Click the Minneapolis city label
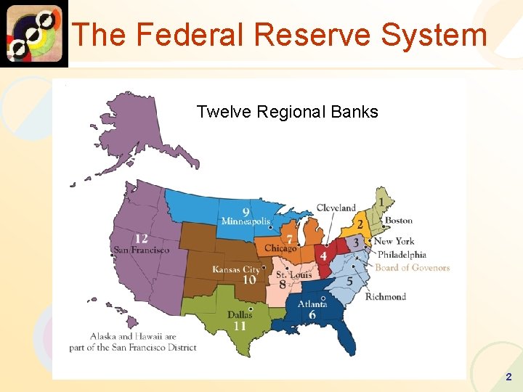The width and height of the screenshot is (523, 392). pyautogui.click(x=246, y=221)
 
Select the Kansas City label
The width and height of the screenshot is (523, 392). pyautogui.click(x=236, y=270)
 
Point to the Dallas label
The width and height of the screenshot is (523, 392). pyautogui.click(x=240, y=315)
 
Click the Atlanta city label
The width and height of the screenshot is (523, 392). pyautogui.click(x=312, y=303)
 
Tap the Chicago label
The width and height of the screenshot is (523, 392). pyautogui.click(x=280, y=248)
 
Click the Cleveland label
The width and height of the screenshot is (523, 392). pyautogui.click(x=336, y=208)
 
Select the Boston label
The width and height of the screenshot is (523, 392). pyautogui.click(x=398, y=221)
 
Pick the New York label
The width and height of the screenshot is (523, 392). pyautogui.click(x=394, y=241)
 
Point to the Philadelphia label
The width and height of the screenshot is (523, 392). pyautogui.click(x=402, y=255)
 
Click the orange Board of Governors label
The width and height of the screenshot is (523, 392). pyautogui.click(x=412, y=268)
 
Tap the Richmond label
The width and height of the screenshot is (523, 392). pyautogui.click(x=385, y=296)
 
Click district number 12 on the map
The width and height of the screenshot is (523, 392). pyautogui.click(x=142, y=239)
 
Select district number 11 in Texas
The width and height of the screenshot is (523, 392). pyautogui.click(x=240, y=327)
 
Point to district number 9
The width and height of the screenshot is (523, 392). pyautogui.click(x=246, y=211)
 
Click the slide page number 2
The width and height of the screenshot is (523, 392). pyautogui.click(x=508, y=377)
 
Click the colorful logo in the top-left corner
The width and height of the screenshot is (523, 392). pyautogui.click(x=34, y=33)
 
